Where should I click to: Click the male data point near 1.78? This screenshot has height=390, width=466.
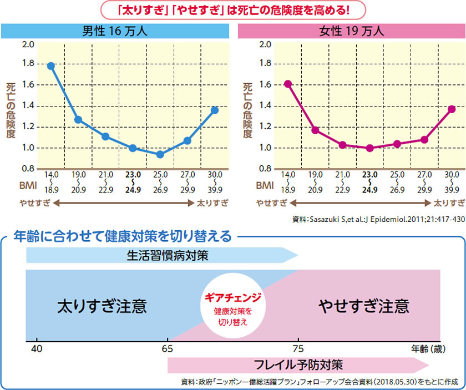coord(50,66)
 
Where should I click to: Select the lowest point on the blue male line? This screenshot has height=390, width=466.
coord(160,154)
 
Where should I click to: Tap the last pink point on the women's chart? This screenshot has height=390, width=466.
coord(452,109)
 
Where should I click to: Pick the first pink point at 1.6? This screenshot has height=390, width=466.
coord(288,84)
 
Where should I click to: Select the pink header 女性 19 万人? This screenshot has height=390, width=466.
coord(352,31)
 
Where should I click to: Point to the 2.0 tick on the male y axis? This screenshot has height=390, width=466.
coord(28,44)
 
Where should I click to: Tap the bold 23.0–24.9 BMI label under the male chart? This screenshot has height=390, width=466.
coord(133,182)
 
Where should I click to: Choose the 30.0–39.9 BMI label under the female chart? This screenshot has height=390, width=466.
coord(452,182)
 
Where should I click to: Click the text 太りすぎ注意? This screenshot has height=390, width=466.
coord(102,306)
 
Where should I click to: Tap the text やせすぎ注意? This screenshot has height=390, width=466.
coord(364,306)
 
